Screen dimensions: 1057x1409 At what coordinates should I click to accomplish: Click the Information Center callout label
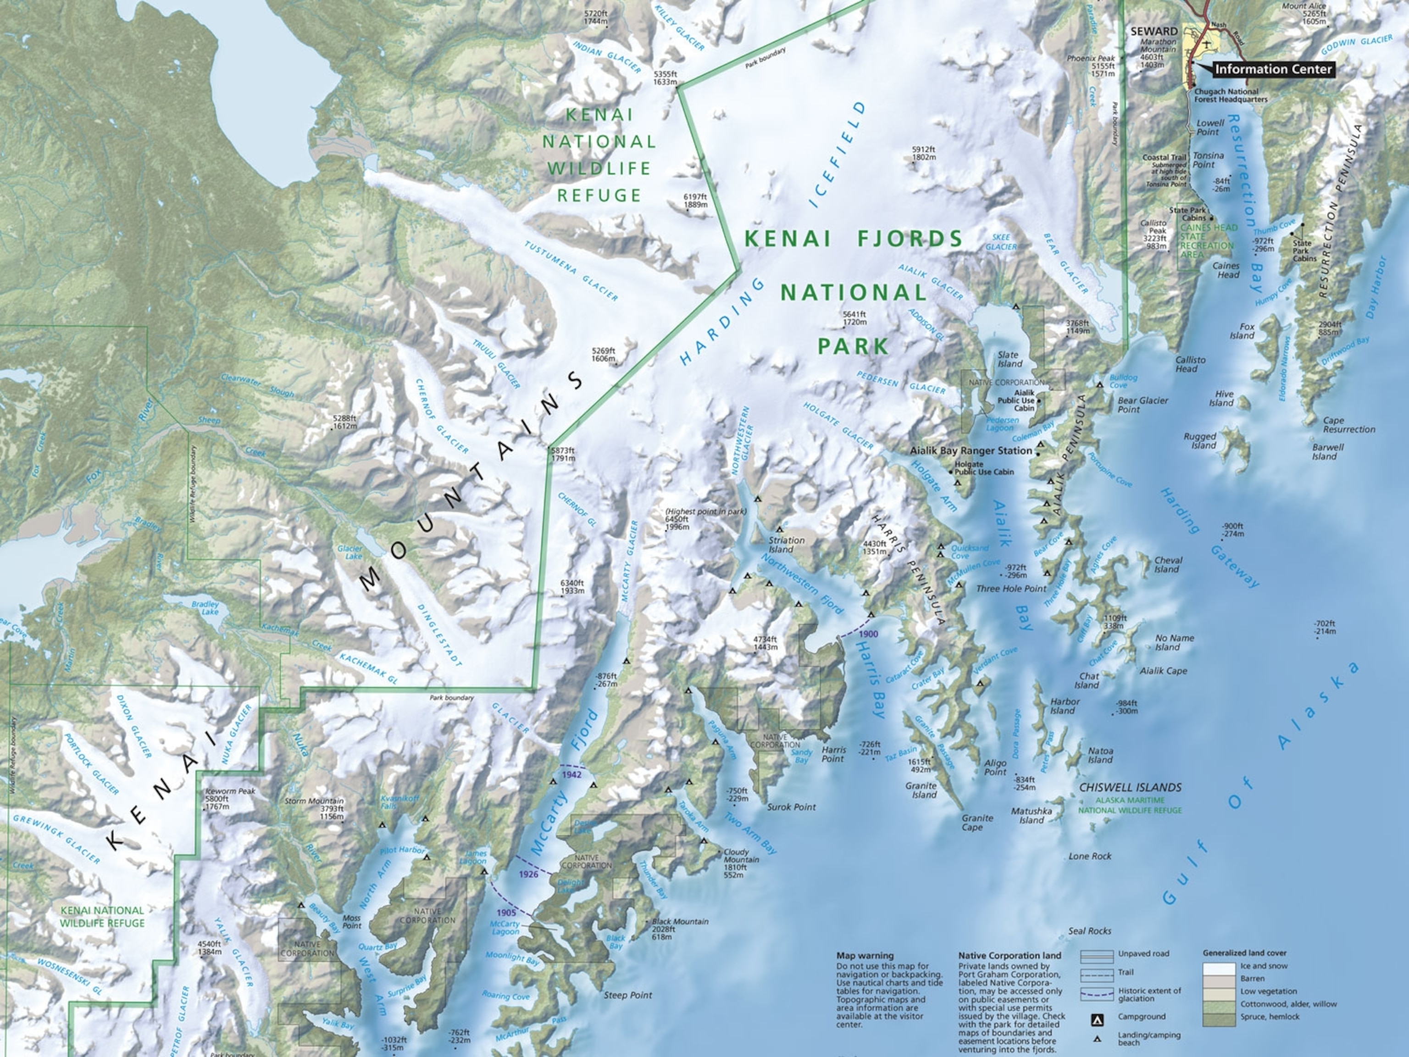(x=1273, y=69)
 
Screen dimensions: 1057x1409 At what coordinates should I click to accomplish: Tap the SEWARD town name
(x=1154, y=31)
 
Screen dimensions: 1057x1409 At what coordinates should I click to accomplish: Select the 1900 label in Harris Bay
(x=868, y=634)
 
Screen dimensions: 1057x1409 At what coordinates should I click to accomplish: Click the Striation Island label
(x=786, y=545)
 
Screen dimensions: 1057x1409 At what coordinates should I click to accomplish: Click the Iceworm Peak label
(x=230, y=791)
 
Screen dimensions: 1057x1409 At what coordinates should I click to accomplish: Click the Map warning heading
(x=865, y=956)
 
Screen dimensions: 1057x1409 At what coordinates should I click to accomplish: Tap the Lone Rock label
(x=1090, y=857)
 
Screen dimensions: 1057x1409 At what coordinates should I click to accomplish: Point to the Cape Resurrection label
(x=1348, y=425)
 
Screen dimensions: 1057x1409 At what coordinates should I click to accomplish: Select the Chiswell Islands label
(x=1130, y=788)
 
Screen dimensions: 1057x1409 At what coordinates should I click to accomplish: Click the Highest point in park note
(x=696, y=511)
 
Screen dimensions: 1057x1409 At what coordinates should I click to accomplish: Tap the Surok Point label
(x=791, y=807)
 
